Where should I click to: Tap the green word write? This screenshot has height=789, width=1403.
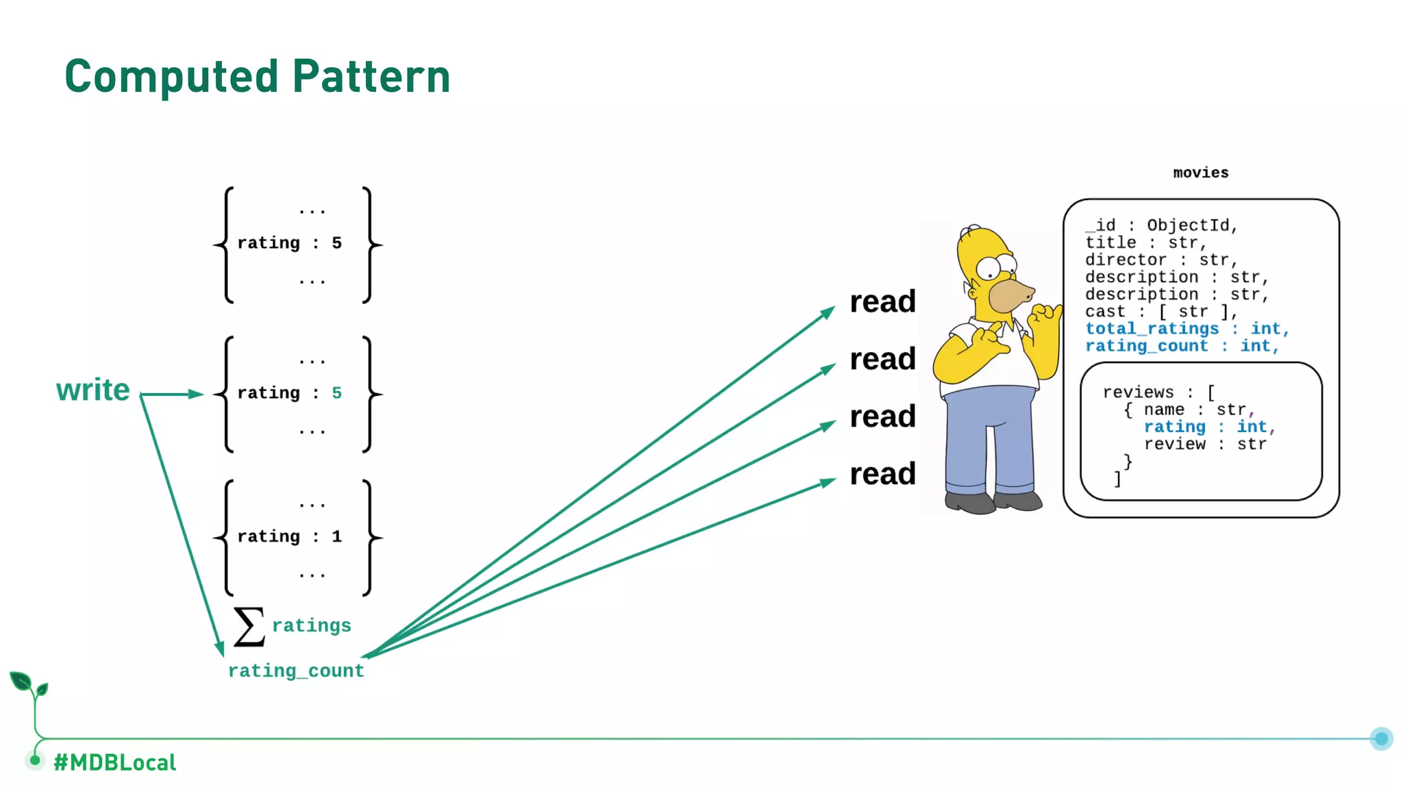(x=93, y=390)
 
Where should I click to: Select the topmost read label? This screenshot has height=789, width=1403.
(x=882, y=301)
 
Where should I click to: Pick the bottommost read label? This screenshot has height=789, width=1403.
(x=882, y=474)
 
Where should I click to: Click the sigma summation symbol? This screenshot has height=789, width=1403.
(x=249, y=627)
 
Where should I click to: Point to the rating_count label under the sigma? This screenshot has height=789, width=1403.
(x=296, y=671)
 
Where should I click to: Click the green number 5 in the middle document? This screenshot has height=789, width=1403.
(x=336, y=393)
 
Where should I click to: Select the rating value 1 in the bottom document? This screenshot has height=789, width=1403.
(x=336, y=536)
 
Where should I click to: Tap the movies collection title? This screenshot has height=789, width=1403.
(x=1200, y=173)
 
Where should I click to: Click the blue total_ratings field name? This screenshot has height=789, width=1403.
(x=1152, y=329)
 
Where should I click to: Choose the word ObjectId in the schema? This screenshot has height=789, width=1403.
(x=1189, y=225)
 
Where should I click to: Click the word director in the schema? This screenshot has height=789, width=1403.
(x=1126, y=260)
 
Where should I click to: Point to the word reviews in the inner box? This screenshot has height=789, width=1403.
(x=1138, y=392)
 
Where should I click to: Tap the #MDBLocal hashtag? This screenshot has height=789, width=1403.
(x=115, y=762)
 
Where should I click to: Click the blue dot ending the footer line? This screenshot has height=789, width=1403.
(x=1381, y=738)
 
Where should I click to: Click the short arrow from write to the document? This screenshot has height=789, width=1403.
(x=171, y=394)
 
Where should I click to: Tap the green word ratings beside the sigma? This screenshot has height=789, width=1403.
(x=312, y=625)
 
